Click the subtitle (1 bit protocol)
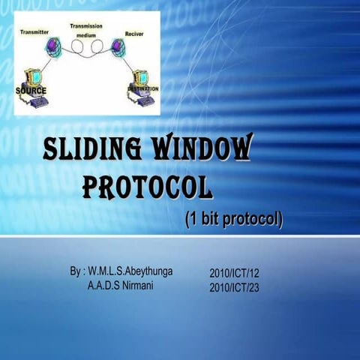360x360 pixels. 233,220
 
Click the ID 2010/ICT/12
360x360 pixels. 234,273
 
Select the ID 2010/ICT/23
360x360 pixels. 234,287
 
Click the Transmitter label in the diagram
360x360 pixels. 35,32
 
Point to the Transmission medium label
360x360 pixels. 86,29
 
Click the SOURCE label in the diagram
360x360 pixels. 31,91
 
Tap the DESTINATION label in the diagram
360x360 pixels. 142,88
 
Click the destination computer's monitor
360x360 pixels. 141,76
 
